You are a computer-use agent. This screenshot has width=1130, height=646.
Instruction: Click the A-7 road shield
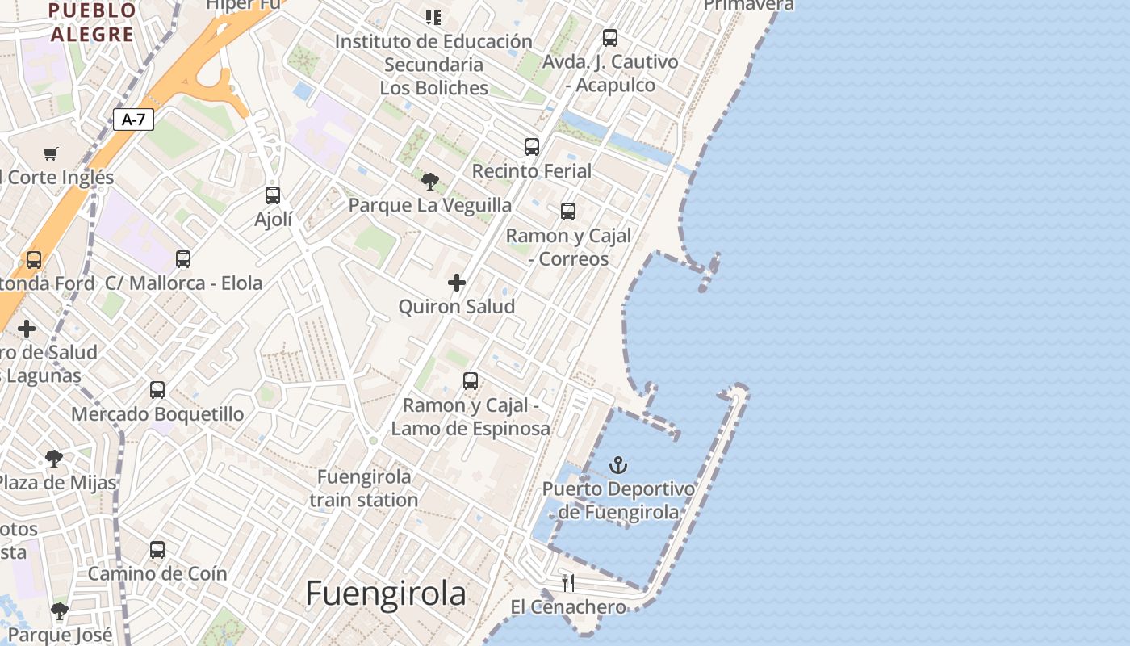pos(133,120)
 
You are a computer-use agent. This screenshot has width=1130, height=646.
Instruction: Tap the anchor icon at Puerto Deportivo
pos(617,465)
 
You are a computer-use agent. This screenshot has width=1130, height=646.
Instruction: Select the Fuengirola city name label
pos(386,594)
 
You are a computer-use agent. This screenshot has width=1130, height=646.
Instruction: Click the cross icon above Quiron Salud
pos(457,283)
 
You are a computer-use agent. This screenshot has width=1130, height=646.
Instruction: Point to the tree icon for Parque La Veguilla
pos(430,182)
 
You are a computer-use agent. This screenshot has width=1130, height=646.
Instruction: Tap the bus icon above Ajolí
pos(273,195)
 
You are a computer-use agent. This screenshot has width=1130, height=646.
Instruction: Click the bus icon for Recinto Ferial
pos(531,147)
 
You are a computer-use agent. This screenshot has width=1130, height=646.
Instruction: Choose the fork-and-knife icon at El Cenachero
pos(568,582)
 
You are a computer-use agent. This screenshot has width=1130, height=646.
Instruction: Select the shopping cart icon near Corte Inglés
pos(51,153)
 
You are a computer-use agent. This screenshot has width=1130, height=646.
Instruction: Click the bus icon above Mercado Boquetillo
pos(157,390)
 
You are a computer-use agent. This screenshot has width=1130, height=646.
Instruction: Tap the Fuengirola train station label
pos(364,489)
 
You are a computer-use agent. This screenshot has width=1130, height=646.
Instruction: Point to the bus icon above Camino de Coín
pos(157,550)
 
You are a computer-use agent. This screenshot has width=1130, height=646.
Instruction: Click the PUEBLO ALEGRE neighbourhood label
pos(92,23)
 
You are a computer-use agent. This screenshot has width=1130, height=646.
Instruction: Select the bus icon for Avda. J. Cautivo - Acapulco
pos(610,38)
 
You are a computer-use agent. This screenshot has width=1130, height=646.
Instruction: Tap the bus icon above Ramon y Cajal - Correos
pos(568,212)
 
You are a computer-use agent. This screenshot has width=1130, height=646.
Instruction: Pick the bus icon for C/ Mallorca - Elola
pos(183,259)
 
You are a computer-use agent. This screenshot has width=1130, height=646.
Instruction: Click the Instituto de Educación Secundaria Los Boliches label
pos(434,65)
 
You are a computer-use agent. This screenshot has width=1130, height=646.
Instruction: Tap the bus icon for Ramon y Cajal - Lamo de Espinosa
pos(471,381)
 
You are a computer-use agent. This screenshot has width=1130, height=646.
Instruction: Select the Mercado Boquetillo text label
pos(157,414)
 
